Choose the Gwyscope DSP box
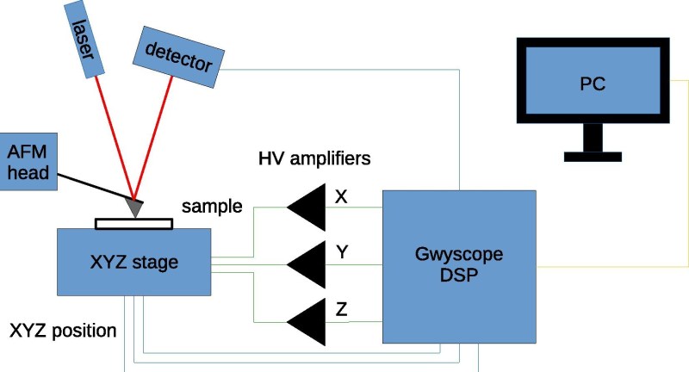click(459, 267)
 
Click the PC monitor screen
click(593, 84)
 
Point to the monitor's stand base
click(593, 157)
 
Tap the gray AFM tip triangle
click(135, 206)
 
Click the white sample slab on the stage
click(133, 224)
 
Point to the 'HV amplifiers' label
click(313, 159)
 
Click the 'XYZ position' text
click(62, 331)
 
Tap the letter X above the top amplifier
click(341, 195)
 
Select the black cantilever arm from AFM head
click(95, 184)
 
